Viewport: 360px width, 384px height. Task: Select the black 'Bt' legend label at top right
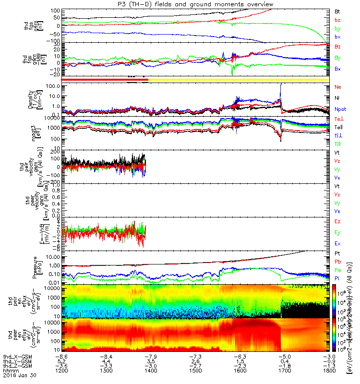[x=337, y=11]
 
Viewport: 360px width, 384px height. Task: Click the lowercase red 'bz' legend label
[x=337, y=20]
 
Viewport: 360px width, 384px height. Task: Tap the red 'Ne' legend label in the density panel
[x=337, y=87]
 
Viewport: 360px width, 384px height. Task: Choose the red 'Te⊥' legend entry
[x=338, y=119]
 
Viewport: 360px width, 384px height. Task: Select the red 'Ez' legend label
[x=337, y=222]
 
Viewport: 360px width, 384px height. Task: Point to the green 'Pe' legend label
[x=337, y=270]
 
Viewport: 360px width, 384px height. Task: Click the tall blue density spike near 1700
[x=280, y=86]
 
